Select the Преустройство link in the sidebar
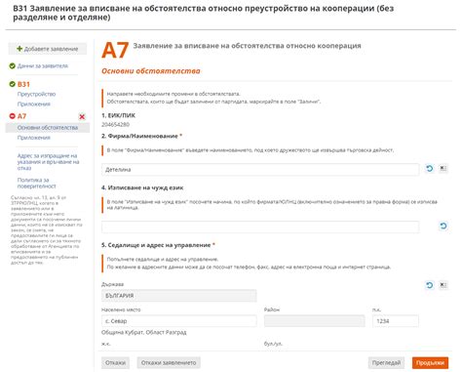[x=36, y=94]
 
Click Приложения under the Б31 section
[x=33, y=104]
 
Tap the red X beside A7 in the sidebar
[x=82, y=117]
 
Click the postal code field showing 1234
[x=396, y=320]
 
